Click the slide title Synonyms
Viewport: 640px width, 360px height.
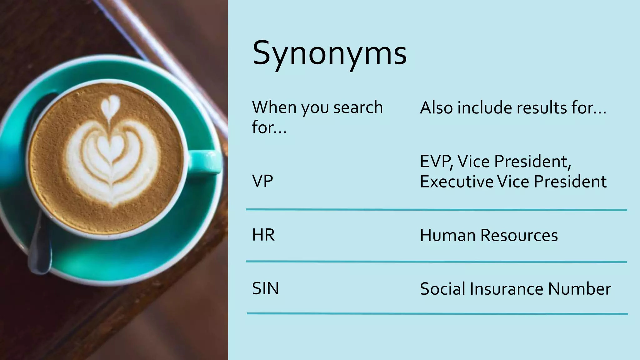(329, 53)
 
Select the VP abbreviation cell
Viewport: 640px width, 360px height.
(262, 181)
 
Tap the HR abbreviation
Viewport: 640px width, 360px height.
(263, 235)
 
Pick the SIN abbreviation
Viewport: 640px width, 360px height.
(265, 288)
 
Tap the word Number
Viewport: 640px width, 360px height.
(579, 289)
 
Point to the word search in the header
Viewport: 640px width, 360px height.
(358, 107)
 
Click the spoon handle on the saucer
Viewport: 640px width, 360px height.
(40, 250)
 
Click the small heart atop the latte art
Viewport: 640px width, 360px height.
(111, 104)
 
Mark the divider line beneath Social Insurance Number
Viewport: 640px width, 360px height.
(437, 313)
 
